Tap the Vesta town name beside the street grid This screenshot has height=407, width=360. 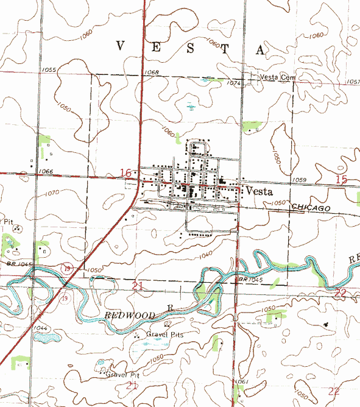(x=259, y=191)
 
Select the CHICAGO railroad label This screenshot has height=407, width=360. (x=311, y=208)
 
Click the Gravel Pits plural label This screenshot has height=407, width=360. (x=164, y=334)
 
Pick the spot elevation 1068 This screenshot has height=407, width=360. (x=152, y=73)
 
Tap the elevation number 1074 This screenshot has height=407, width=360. (x=234, y=83)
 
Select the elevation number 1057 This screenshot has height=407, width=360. (x=353, y=82)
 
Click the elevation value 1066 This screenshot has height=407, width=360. (x=45, y=172)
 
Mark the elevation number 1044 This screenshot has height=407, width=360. (x=41, y=328)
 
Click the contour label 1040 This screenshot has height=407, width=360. (x=205, y=253)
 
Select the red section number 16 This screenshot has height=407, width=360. (x=126, y=173)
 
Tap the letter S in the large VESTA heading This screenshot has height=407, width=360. (x=191, y=48)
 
